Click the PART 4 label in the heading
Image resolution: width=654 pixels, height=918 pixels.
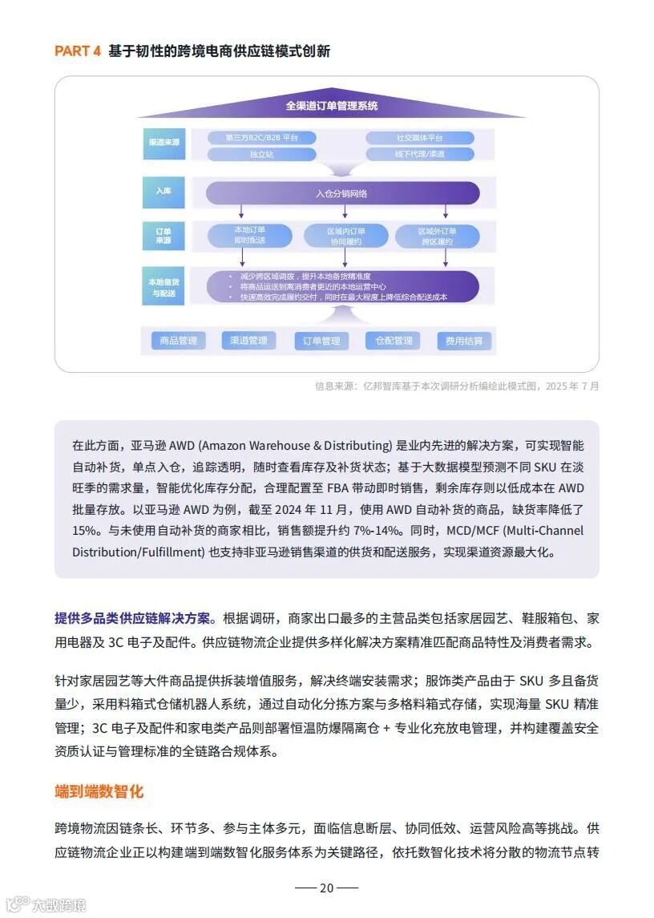(x=78, y=51)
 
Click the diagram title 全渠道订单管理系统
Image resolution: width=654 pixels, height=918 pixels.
(x=332, y=106)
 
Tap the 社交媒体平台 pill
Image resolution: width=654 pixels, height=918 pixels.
(x=419, y=138)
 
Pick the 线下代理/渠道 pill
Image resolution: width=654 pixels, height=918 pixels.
(x=419, y=154)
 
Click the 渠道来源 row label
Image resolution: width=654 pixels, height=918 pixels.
(x=163, y=142)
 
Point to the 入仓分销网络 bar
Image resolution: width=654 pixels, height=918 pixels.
(x=342, y=193)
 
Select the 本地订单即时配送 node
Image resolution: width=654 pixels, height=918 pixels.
(x=249, y=235)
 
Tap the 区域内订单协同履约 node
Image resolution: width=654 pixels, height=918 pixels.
(x=345, y=236)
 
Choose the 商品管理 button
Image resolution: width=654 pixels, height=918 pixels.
(x=179, y=341)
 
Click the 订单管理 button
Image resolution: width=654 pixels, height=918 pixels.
(x=321, y=341)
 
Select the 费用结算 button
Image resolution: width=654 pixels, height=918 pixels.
(x=465, y=341)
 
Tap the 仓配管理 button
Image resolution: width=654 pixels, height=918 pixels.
(x=394, y=341)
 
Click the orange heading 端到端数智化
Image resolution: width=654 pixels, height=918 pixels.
(x=99, y=791)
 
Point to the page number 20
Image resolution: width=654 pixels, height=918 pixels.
(x=326, y=888)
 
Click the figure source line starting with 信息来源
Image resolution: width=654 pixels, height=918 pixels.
(x=456, y=386)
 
